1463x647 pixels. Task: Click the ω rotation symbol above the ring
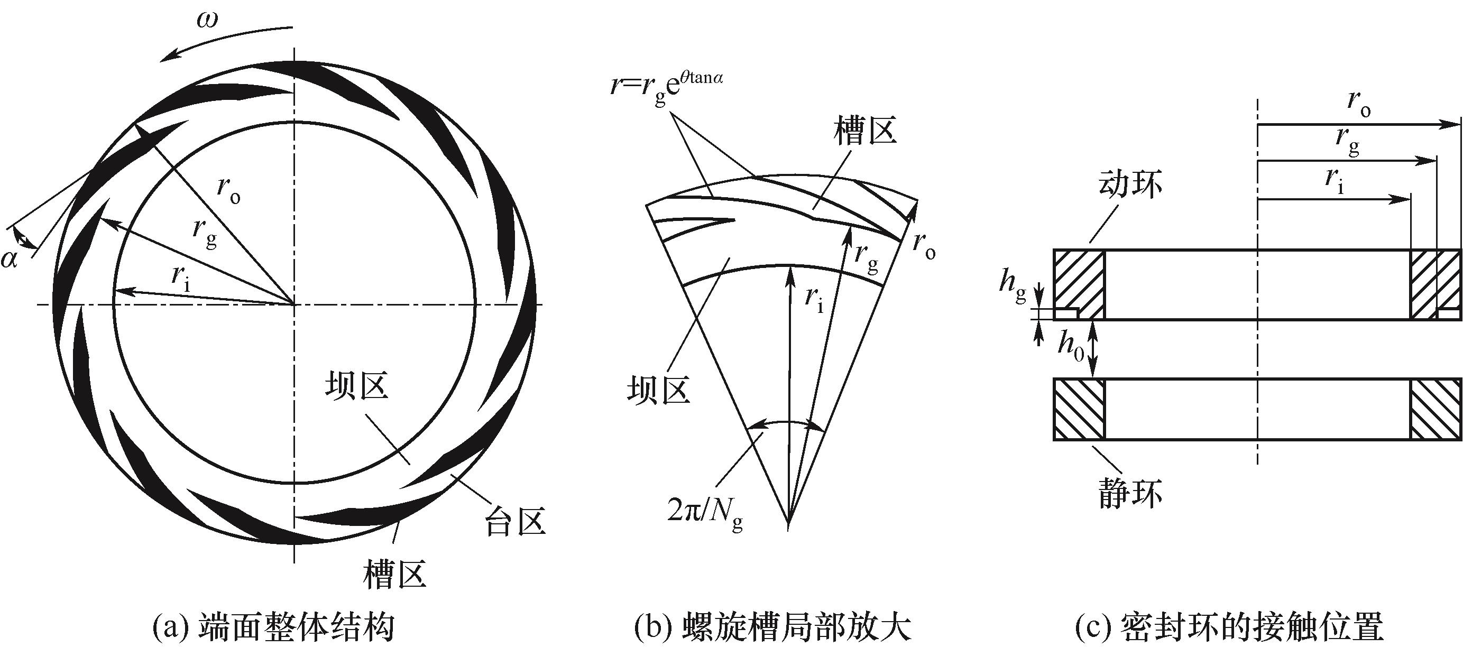coord(207,21)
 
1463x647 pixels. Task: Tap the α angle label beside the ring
coord(10,260)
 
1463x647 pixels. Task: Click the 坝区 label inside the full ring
coord(357,387)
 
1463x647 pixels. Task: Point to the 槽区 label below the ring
coord(395,575)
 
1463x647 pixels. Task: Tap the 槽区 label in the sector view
coord(865,131)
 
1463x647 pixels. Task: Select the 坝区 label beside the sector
coord(658,391)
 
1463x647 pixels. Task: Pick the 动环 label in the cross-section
coord(1130,184)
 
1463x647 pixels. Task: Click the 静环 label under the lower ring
coord(1130,493)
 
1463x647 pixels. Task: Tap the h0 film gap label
coord(1070,346)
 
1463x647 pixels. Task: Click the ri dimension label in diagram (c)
coord(1335,180)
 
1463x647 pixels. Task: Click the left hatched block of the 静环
coord(1079,409)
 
